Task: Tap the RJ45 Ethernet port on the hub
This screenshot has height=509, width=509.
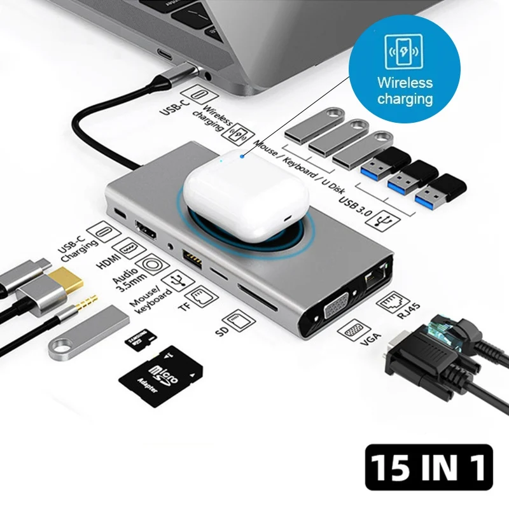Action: point(373,275)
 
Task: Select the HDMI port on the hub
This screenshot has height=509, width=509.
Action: point(146,230)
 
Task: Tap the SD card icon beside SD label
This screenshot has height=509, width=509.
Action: point(237,319)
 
